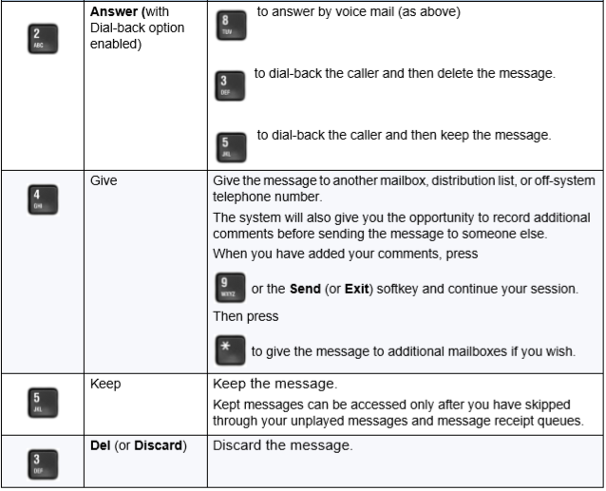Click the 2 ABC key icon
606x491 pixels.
[43, 39]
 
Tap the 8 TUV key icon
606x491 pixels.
[231, 26]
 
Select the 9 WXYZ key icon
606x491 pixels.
[230, 288]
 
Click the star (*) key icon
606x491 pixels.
[230, 350]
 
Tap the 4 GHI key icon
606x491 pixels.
[43, 199]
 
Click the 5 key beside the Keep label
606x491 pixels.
[43, 403]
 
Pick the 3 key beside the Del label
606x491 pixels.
[43, 464]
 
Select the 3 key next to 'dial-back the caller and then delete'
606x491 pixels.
[230, 85]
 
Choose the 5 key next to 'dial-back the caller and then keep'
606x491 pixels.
[231, 147]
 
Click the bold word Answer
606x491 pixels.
[114, 11]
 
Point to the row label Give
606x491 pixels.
[104, 180]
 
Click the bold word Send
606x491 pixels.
[305, 289]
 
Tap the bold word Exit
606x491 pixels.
[356, 289]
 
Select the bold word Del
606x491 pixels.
[101, 445]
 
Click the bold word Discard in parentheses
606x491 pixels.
[158, 445]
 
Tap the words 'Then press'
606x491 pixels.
[246, 316]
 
